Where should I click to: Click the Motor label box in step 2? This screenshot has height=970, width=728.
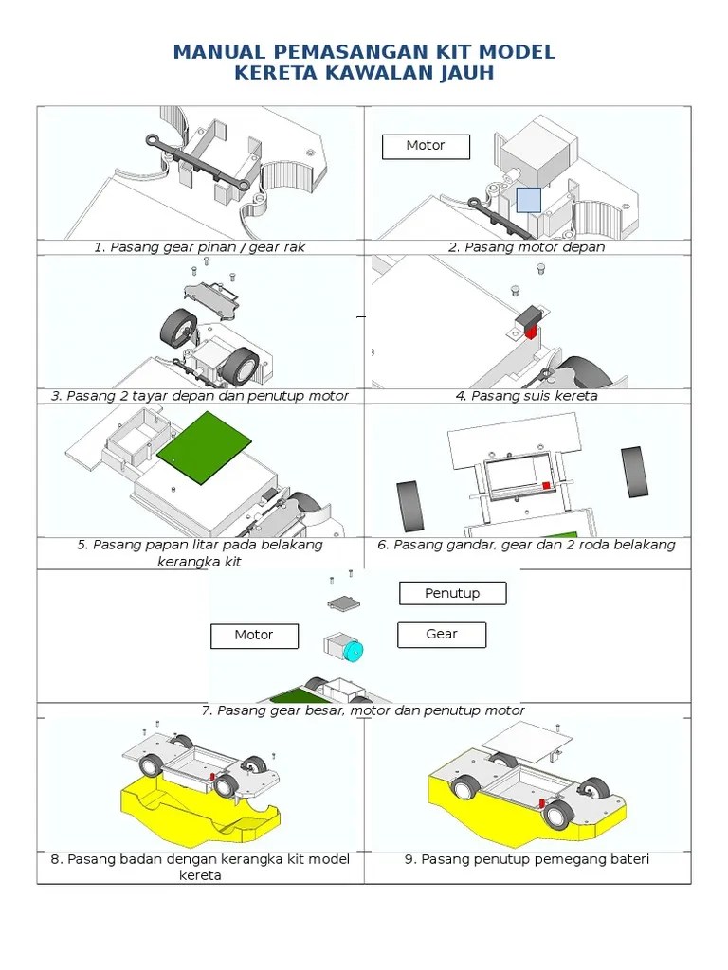[426, 147]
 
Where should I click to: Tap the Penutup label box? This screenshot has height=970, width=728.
[452, 593]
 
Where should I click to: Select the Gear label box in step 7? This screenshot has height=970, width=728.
[442, 635]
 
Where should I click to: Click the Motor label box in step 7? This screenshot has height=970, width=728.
[254, 636]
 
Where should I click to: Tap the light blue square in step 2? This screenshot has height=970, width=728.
[529, 200]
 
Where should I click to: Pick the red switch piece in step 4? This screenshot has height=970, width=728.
[531, 332]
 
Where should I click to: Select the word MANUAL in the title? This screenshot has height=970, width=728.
[220, 52]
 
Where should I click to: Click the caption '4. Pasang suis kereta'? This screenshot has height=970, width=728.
[527, 396]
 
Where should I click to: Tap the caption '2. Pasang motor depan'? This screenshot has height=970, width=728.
[527, 247]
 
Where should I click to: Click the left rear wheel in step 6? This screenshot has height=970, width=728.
[409, 506]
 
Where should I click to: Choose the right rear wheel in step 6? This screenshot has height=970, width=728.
[634, 472]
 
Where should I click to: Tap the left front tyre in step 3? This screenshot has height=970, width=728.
[179, 328]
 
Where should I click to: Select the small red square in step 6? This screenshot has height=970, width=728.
[546, 486]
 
